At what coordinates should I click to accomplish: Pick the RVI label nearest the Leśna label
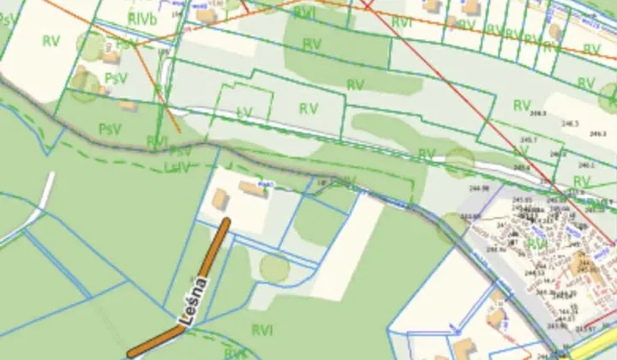tap(263, 328)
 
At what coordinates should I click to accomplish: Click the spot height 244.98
tap(478, 188)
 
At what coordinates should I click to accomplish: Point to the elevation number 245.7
tap(529, 139)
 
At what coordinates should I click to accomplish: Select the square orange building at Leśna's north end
tap(220, 200)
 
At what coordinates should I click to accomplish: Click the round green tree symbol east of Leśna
tap(274, 268)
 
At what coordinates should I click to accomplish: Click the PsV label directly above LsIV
tap(181, 152)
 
